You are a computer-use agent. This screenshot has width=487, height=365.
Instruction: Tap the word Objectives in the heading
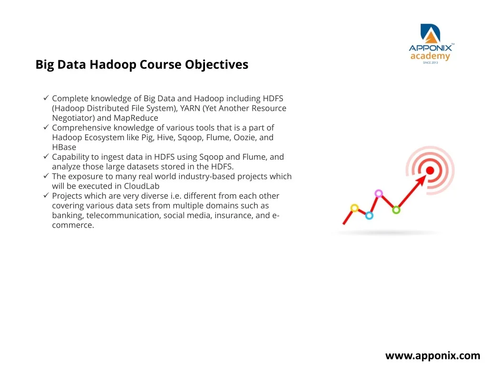pyautogui.click(x=216, y=65)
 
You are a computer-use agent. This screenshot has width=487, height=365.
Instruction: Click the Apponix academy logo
pyautogui.click(x=431, y=44)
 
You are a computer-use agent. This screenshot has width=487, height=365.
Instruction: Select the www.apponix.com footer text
pyautogui.click(x=433, y=356)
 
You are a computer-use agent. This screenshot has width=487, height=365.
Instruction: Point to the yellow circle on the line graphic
pyautogui.click(x=354, y=208)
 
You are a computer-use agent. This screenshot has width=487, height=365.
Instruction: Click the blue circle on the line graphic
pyautogui.click(x=369, y=215)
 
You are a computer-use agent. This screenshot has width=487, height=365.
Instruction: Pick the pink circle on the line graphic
pyautogui.click(x=378, y=194)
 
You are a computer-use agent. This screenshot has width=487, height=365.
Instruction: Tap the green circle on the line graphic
pyautogui.click(x=396, y=210)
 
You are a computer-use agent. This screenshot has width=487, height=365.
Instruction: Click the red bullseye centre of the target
pyautogui.click(x=430, y=171)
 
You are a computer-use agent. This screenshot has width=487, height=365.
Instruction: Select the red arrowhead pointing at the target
pyautogui.click(x=421, y=180)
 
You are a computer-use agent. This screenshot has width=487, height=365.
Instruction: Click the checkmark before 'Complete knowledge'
pyautogui.click(x=46, y=98)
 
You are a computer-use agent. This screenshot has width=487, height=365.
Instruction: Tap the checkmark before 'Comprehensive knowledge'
pyautogui.click(x=46, y=127)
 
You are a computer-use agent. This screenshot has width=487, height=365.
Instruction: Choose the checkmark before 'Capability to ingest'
pyautogui.click(x=46, y=156)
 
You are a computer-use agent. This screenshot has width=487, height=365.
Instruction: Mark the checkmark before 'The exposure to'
pyautogui.click(x=46, y=176)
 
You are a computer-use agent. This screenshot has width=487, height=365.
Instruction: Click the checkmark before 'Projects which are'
pyautogui.click(x=46, y=195)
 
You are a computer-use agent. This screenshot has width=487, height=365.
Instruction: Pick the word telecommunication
pyautogui.click(x=123, y=215)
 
